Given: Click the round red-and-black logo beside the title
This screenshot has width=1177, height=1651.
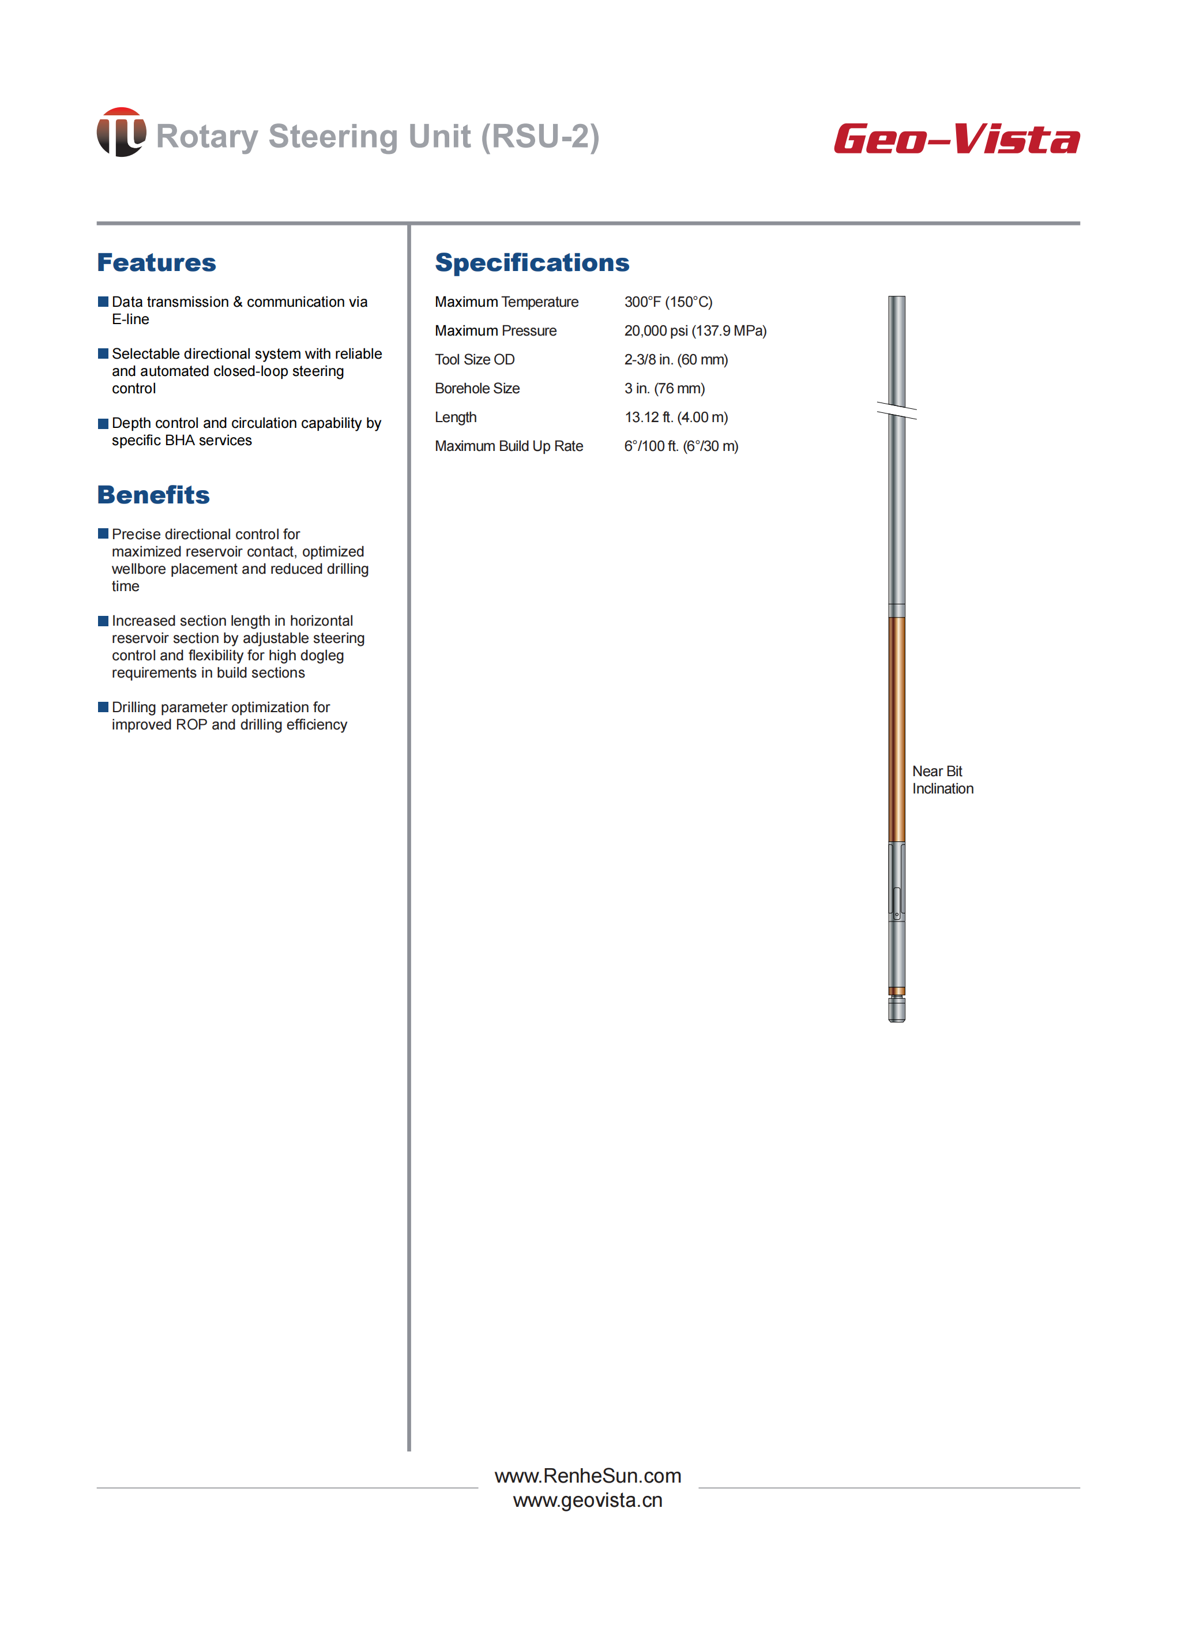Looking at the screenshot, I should pos(121,132).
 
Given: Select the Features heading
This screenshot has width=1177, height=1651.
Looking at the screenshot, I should pos(156,262).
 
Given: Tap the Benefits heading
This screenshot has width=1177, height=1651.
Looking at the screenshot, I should pos(153,495).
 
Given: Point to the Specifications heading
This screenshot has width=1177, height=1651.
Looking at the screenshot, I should pos(532,262).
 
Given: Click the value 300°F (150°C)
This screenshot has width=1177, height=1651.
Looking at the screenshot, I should pos(668,302).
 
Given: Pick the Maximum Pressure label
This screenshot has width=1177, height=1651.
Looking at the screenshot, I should pos(496,331).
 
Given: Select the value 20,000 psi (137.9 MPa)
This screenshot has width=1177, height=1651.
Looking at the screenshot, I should pos(695,331).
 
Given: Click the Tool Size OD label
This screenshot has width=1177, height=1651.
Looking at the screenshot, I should pos(475,360).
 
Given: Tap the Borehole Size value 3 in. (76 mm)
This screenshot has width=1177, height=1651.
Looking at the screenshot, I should pos(664,389).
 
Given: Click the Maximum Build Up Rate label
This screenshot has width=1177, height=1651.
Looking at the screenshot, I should pos(509,446).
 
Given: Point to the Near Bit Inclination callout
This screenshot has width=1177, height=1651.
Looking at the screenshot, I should pos(942,780).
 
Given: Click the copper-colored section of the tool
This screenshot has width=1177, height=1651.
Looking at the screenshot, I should pos(897,728).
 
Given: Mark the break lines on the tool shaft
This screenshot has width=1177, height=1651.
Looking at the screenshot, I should pos(897,411).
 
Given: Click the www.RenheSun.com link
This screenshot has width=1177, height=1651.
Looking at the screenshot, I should pos(588,1476).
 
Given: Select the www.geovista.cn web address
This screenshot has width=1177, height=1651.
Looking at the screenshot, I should pos(588,1500).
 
